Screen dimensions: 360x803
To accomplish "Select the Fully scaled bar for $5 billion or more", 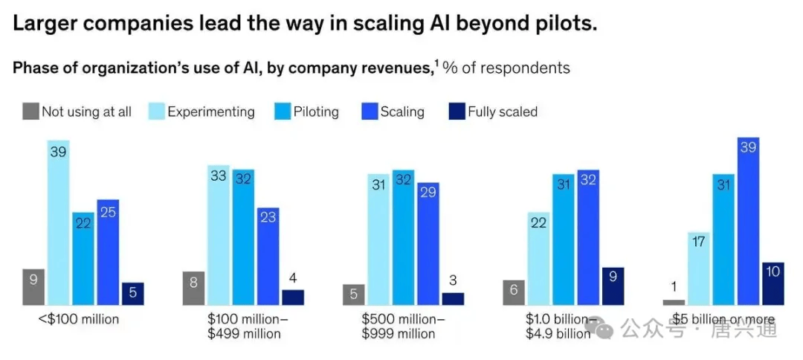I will point(773,283).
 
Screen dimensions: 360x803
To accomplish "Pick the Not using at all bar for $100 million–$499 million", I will point(194,288).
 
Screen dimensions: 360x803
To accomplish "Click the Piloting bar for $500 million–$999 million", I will point(404,237).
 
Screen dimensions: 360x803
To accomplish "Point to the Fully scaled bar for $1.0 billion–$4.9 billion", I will point(613,286).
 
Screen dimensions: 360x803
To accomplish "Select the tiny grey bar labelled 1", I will point(674,302).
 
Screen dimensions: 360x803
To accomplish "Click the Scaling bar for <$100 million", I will point(108,252).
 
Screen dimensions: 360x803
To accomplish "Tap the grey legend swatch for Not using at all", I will point(30,112).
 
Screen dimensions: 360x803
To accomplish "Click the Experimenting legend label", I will point(211,112).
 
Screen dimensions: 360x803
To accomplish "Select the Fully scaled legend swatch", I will point(457,112).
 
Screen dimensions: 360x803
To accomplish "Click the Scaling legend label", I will point(402,112).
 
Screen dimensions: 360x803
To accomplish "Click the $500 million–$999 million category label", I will point(404,326).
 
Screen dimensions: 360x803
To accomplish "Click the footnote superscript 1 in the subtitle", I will point(436,62).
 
